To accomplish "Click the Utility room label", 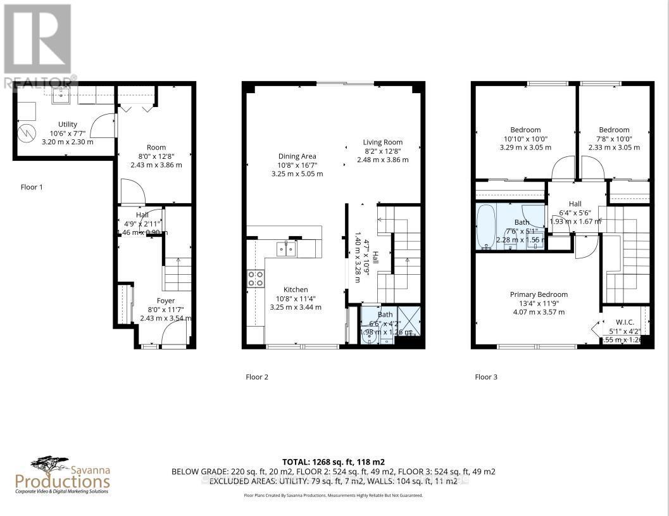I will click(67, 124).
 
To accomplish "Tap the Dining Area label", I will click(297, 156).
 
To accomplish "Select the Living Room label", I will click(382, 142).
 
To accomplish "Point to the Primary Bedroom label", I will click(539, 294).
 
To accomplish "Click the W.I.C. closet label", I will click(625, 321).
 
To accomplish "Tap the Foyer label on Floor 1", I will click(166, 301).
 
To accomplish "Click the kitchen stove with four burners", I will click(255, 279).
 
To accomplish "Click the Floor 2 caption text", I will click(257, 377).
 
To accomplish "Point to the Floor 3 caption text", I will click(486, 377).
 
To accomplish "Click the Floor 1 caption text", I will click(32, 187).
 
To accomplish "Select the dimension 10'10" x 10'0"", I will click(525, 139).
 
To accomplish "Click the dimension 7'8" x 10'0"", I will click(614, 139).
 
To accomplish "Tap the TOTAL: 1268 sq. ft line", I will click(333, 462).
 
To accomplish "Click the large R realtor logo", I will click(37, 39).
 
